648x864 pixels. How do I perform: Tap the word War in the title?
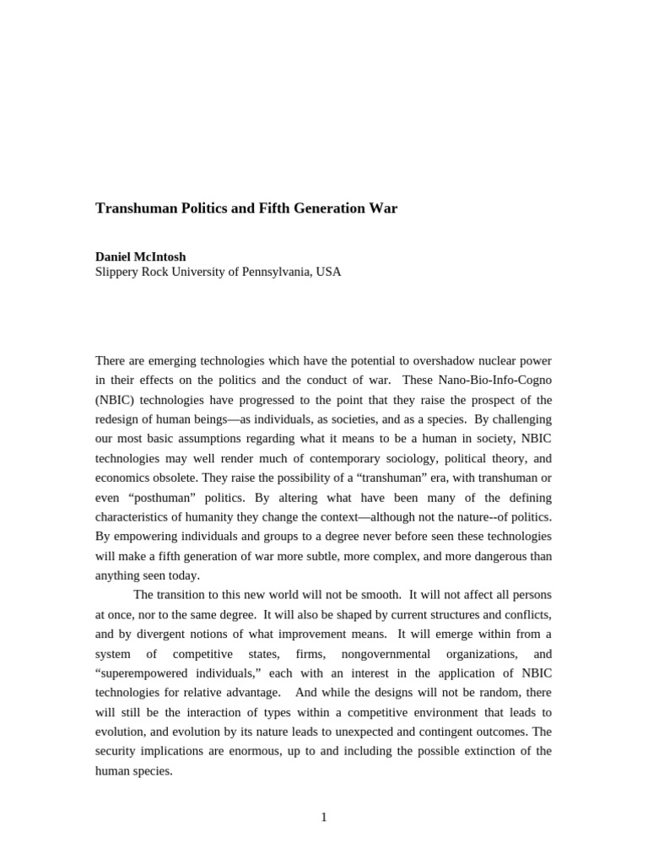click(381, 208)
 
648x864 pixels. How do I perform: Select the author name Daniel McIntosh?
click(140, 256)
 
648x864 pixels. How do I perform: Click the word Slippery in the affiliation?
click(118, 272)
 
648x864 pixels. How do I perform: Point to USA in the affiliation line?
click(328, 272)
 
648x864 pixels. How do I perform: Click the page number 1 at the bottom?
click(323, 817)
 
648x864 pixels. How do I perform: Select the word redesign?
click(120, 419)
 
